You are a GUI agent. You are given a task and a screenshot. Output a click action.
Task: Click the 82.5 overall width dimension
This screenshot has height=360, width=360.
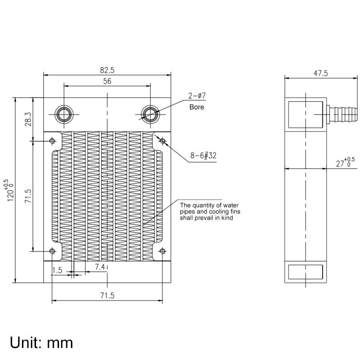click(x=107, y=70)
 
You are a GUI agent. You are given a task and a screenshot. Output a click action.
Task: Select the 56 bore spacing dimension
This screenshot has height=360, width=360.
click(x=107, y=81)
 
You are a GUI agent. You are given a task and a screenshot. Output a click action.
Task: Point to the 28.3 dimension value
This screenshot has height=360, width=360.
click(x=28, y=119)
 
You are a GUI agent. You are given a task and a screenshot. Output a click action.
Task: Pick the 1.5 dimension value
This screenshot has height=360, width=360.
click(x=57, y=270)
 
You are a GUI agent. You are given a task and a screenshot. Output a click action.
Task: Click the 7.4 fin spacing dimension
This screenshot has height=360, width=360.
click(x=100, y=267)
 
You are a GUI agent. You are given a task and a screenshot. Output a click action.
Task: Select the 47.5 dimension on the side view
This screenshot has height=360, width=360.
click(x=320, y=73)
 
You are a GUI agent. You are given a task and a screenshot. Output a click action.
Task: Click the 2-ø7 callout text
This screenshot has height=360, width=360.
click(x=197, y=96)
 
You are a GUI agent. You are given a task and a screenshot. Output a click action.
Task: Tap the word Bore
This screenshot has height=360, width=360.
click(x=197, y=107)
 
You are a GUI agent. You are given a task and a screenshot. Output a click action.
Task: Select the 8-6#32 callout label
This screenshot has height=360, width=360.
click(x=203, y=156)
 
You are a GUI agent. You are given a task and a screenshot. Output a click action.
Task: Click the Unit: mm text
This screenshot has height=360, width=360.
click(x=41, y=342)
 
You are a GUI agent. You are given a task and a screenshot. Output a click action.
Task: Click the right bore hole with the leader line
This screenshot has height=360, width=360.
click(x=149, y=114)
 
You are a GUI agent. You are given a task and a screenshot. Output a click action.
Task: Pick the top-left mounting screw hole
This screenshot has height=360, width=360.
click(x=53, y=140)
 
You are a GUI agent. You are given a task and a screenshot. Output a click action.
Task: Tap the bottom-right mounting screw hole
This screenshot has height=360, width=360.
click(x=163, y=251)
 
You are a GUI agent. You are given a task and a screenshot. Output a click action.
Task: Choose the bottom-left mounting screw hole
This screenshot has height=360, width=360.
click(x=53, y=251)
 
